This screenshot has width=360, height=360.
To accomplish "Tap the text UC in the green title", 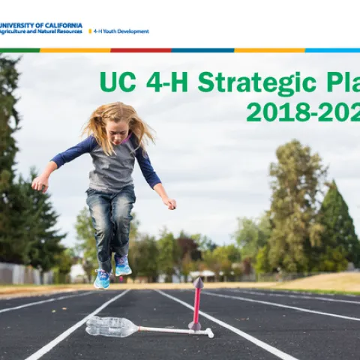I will click(116, 82).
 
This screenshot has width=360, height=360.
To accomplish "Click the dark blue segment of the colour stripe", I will click(202, 50).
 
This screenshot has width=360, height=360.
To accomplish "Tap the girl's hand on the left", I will click(39, 182).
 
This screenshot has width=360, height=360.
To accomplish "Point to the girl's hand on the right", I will click(170, 202).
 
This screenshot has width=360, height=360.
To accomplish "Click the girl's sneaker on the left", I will click(101, 279).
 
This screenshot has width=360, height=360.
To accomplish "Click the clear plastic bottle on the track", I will click(112, 326).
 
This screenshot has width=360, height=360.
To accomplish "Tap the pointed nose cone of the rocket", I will click(198, 283).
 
